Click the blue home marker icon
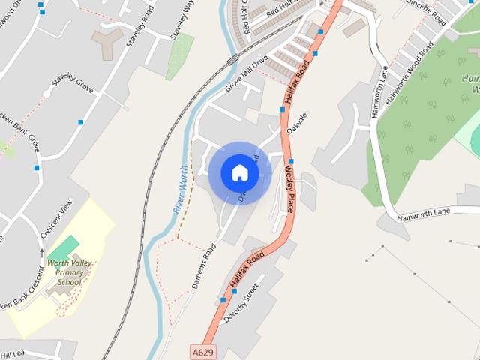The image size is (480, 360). point(240,172)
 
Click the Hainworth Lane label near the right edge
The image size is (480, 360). point(423,212)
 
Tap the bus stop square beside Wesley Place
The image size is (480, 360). point(291,161)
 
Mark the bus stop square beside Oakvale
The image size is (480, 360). point(283,109)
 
